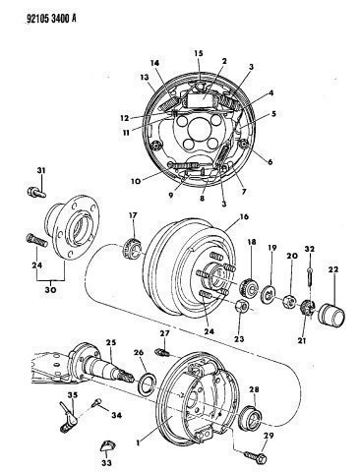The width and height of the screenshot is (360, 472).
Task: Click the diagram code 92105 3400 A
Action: (x=51, y=19)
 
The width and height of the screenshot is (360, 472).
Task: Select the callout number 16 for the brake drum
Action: (x=244, y=216)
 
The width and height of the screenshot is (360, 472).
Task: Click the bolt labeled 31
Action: (x=35, y=191)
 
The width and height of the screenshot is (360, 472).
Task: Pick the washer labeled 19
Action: (x=269, y=294)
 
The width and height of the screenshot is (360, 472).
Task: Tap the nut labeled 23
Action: (x=242, y=307)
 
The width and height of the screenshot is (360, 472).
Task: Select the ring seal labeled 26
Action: (x=148, y=386)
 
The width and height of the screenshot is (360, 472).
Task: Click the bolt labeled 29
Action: (x=255, y=456)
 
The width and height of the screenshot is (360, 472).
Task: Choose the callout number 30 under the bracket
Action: (x=51, y=290)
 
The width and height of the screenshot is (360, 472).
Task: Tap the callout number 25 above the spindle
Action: (x=111, y=342)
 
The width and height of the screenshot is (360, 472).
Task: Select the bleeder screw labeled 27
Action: (x=162, y=352)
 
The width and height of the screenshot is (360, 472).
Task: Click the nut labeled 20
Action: (x=290, y=301)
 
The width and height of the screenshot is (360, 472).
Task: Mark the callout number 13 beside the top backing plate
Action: (x=145, y=78)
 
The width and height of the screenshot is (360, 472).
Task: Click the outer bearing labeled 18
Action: (x=248, y=285)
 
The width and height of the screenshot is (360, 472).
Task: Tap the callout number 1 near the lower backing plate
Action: (x=139, y=442)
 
